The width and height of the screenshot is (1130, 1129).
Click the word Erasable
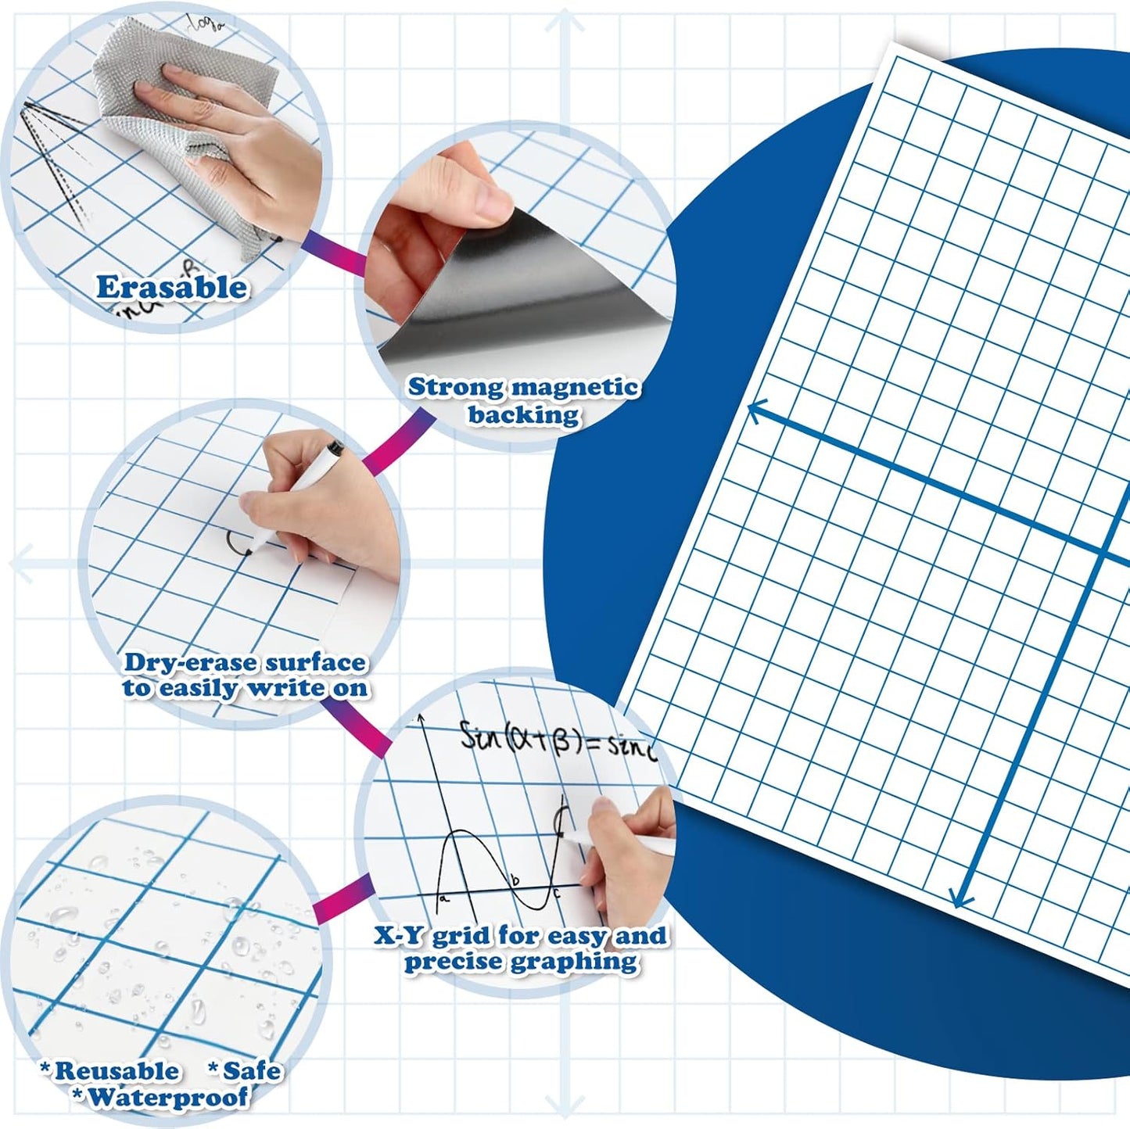(x=171, y=288)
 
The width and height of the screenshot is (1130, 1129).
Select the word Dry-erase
(x=190, y=663)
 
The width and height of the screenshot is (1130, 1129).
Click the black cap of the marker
(x=335, y=449)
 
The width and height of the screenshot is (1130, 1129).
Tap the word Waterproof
(x=167, y=1098)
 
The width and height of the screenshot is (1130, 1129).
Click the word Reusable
(x=116, y=1070)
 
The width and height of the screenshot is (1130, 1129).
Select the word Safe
(x=250, y=1070)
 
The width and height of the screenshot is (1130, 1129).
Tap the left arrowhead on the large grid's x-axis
(x=755, y=410)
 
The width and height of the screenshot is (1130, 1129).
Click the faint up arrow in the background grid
(x=565, y=21)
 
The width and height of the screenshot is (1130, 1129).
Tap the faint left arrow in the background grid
(x=22, y=563)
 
